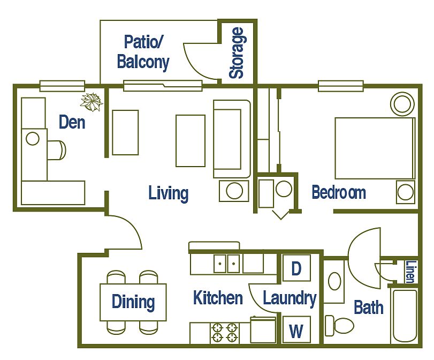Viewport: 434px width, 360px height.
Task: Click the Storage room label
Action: pos(237,52)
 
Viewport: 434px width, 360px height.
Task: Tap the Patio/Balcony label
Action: pos(143,52)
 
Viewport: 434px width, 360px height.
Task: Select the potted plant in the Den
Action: pos(92,102)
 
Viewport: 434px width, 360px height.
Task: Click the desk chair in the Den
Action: pos(57,150)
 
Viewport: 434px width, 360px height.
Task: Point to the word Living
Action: pos(168,193)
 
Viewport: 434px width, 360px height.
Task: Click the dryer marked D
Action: pos(296,268)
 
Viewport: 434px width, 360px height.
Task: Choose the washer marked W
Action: pos(296,330)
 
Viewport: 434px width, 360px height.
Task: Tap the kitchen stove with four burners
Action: pos(224,333)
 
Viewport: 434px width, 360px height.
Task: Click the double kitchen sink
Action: pos(227,264)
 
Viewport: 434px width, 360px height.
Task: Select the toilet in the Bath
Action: pos(339,325)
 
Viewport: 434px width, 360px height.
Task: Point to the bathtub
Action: pos(405,316)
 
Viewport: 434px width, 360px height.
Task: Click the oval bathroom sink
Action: pos(334,281)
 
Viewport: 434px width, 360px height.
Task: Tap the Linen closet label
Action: pos(411,272)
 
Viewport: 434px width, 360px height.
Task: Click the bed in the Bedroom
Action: pos(375,148)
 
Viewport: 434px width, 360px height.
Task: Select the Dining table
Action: pos(133,302)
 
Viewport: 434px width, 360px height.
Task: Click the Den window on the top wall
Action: pos(62,86)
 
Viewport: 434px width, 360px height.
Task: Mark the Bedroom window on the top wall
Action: pos(341,86)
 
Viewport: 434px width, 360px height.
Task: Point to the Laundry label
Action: pos(290,298)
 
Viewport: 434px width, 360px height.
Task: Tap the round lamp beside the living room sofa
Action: pos(234,191)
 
